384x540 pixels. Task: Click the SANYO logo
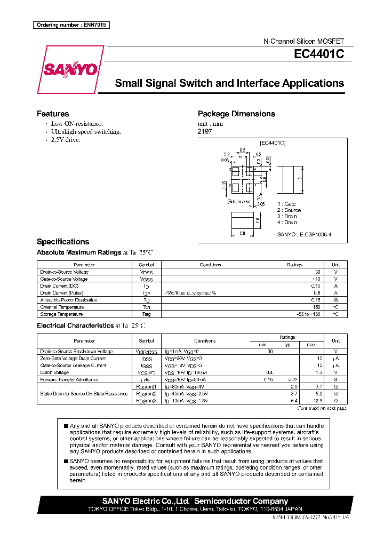(70, 69)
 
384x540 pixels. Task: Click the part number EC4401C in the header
(318, 54)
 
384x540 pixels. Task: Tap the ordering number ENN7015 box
(71, 25)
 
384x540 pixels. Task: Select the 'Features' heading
(52, 114)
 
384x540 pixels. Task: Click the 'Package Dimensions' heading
(236, 114)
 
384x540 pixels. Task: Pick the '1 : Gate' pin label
(286, 204)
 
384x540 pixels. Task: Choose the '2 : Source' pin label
(289, 210)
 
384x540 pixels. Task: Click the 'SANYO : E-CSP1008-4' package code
(304, 235)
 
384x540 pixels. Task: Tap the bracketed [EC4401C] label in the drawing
(273, 143)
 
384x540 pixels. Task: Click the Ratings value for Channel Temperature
(317, 307)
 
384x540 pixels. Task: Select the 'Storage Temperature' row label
(61, 314)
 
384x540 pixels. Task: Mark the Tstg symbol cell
(146, 314)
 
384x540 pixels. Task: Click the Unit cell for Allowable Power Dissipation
(336, 300)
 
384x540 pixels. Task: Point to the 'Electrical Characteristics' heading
(75, 325)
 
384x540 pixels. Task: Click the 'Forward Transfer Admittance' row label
(69, 379)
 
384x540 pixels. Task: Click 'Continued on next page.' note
(322, 408)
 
